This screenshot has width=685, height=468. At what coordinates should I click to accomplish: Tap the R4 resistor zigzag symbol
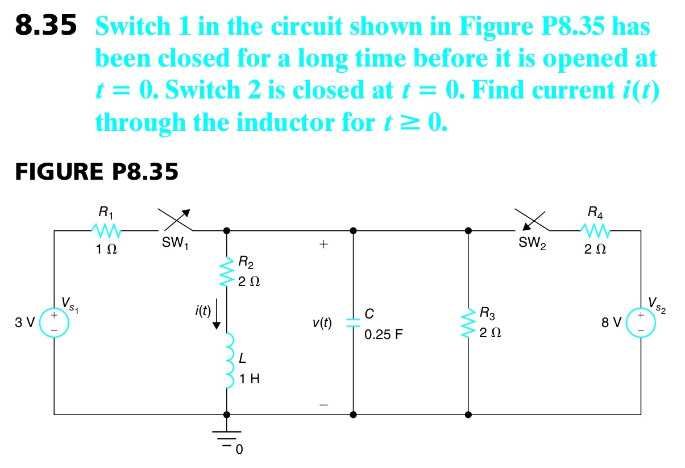click(595, 231)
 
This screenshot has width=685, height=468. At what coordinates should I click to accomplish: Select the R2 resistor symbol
click(227, 271)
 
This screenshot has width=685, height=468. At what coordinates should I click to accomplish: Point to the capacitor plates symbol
click(353, 322)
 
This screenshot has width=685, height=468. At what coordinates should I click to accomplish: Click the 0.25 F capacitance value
click(383, 334)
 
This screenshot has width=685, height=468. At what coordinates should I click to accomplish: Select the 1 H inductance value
click(250, 379)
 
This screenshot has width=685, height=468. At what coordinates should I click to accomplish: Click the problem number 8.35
click(45, 27)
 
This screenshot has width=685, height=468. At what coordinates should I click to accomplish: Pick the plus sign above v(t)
click(323, 245)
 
